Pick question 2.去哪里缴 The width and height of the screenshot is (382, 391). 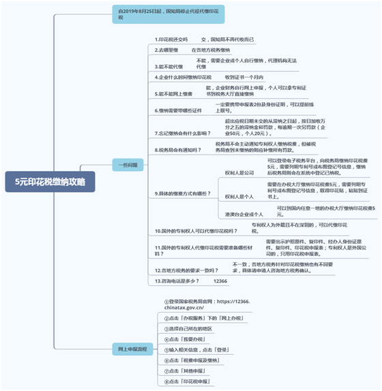166,50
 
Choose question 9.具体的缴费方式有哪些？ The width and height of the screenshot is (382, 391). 183,193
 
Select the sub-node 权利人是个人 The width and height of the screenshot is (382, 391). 239,196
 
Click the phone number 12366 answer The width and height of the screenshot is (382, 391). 220,281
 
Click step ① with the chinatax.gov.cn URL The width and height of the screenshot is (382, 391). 208,304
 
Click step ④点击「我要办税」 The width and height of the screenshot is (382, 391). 184,339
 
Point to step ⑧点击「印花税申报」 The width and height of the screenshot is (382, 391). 187,381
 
